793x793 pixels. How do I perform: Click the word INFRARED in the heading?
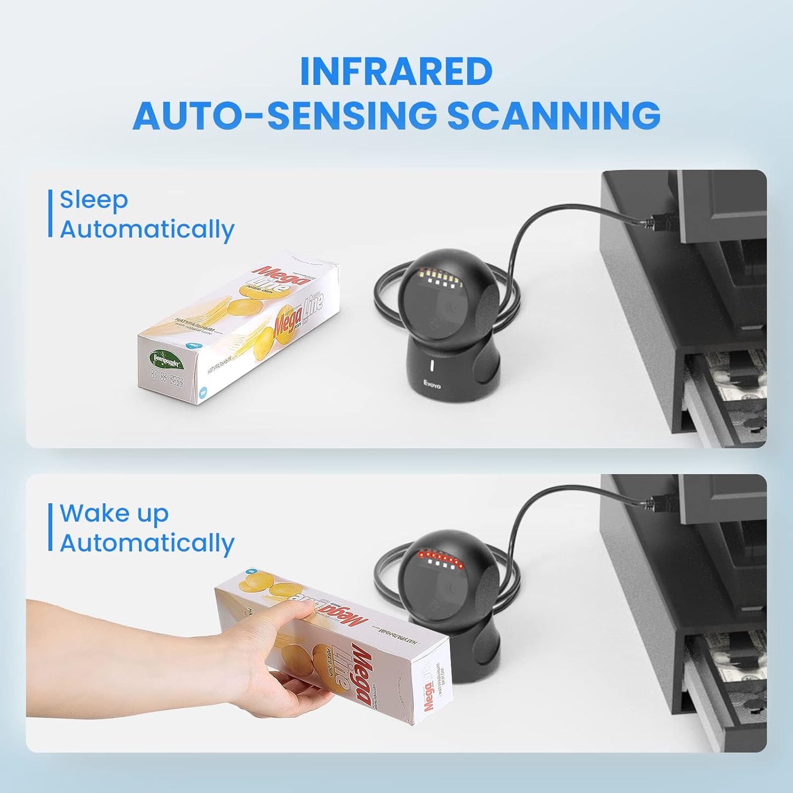[x=396, y=71]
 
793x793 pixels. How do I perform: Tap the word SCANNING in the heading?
[x=554, y=115]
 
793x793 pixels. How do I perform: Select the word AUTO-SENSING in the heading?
[x=285, y=115]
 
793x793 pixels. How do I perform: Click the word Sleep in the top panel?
[x=94, y=199]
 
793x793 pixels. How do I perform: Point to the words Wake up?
[x=114, y=513]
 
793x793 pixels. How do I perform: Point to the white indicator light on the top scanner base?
[x=432, y=366]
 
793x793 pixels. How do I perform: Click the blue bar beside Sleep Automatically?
[x=50, y=213]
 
